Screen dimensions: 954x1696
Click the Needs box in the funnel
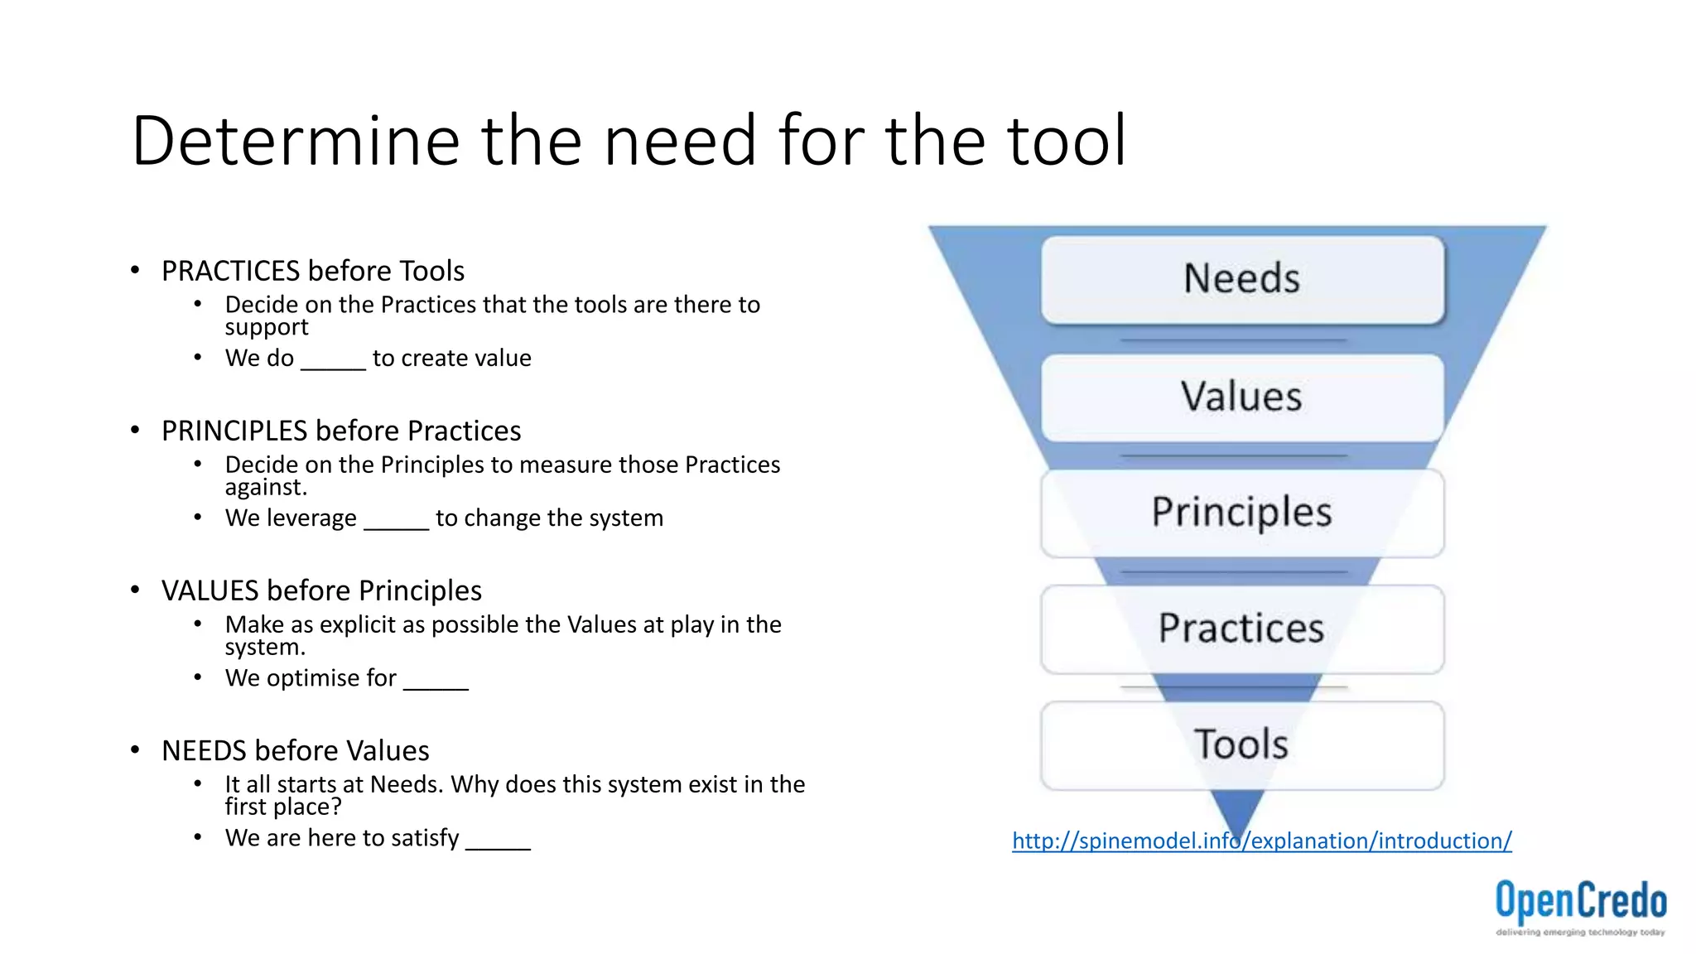pyautogui.click(x=1242, y=279)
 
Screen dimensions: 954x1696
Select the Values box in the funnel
pyautogui.click(x=1242, y=397)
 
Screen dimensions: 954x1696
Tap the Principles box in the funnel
pyautogui.click(x=1242, y=513)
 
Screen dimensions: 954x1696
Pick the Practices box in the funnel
pyautogui.click(x=1242, y=629)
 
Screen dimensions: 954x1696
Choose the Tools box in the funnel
pyautogui.click(x=1242, y=744)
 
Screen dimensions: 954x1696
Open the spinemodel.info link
pyautogui.click(x=1261, y=841)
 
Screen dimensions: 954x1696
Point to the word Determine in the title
pyautogui.click(x=295, y=141)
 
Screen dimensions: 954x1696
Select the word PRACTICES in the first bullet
pyautogui.click(x=230, y=271)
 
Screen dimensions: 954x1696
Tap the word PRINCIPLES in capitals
pyautogui.click(x=234, y=431)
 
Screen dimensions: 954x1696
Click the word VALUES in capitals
pyautogui.click(x=210, y=590)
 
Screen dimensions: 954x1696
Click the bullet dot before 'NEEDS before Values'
pyautogui.click(x=135, y=750)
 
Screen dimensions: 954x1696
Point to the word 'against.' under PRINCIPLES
pyautogui.click(x=266, y=488)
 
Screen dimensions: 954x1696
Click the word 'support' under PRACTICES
pyautogui.click(x=267, y=328)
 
